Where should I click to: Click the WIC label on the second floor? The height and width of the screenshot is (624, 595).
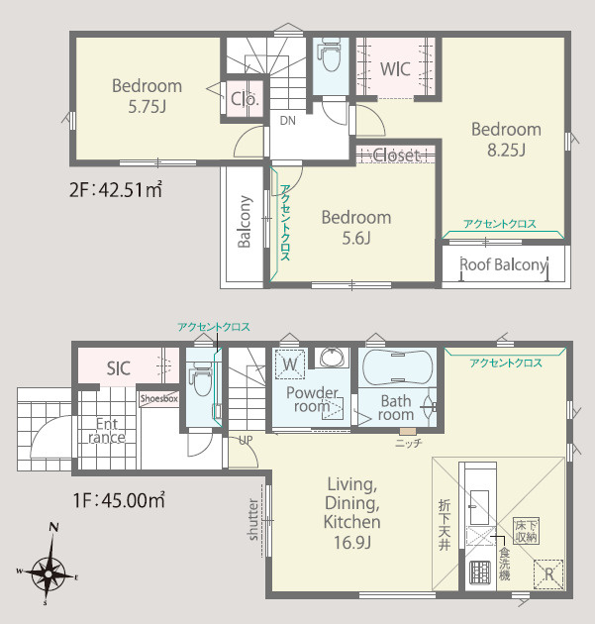click(395, 69)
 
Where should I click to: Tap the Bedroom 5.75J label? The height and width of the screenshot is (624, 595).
click(147, 96)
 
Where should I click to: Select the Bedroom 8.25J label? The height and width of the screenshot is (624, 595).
click(506, 140)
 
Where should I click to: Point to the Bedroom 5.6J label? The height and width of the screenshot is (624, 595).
click(356, 227)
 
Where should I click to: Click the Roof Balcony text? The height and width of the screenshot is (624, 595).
click(504, 264)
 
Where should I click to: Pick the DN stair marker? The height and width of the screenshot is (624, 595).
click(287, 120)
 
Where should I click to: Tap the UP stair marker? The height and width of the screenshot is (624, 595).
click(246, 440)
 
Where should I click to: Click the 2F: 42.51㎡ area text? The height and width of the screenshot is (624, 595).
click(116, 189)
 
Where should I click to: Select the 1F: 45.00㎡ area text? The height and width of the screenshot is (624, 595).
click(119, 500)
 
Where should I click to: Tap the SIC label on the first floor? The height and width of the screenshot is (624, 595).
click(119, 368)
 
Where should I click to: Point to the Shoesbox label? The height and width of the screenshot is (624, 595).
click(159, 398)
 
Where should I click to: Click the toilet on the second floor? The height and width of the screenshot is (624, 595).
click(330, 54)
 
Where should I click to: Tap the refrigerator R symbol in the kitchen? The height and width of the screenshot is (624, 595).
click(548, 574)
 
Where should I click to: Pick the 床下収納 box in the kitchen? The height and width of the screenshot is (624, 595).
click(526, 531)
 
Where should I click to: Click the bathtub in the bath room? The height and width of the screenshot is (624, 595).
click(397, 367)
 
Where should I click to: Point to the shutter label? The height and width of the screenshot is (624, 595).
click(253, 519)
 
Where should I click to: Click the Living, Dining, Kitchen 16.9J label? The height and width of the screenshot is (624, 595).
click(352, 513)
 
